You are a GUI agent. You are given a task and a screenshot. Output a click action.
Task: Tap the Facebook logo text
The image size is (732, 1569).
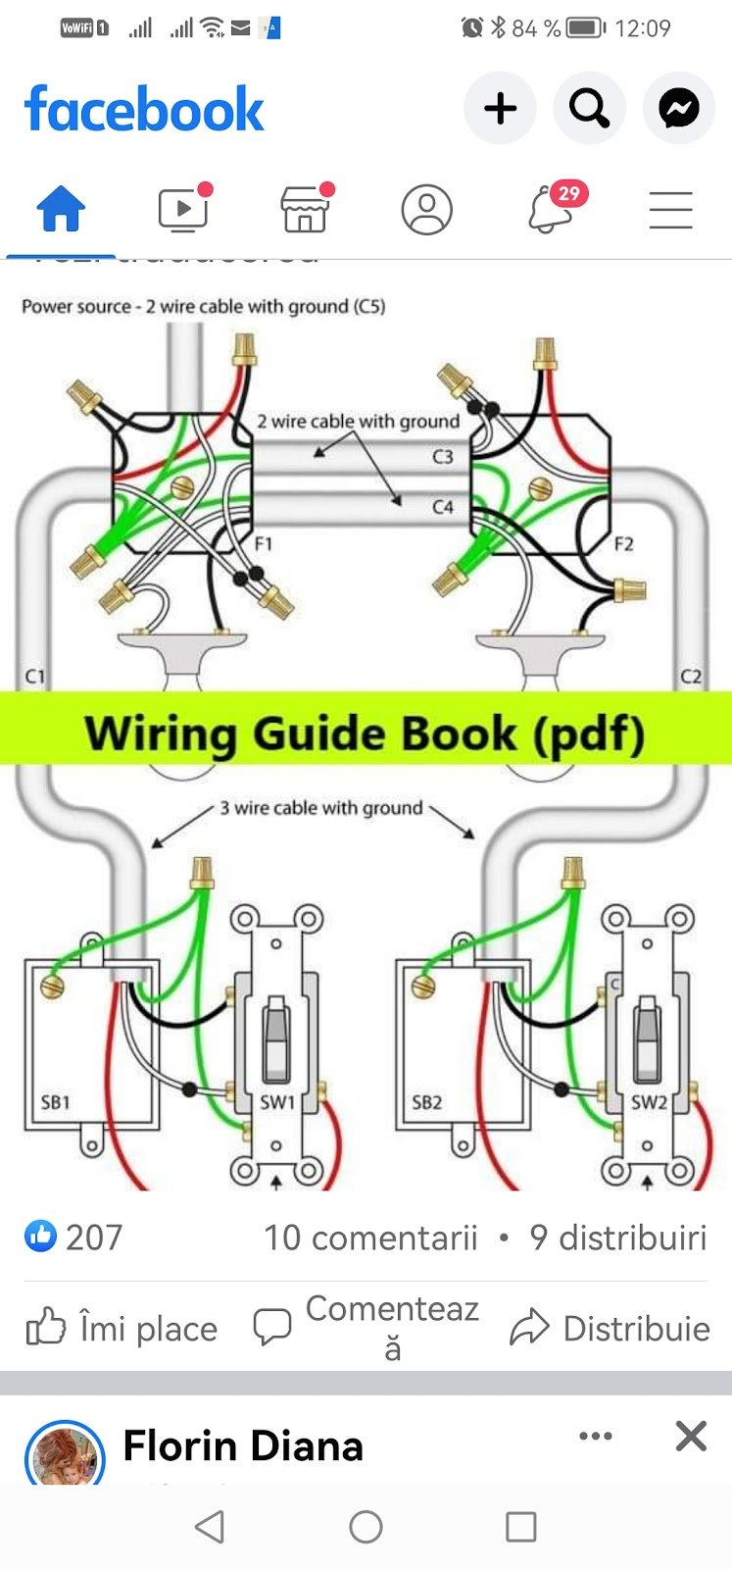[144, 109]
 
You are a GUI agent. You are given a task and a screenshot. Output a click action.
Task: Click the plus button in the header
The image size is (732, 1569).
[500, 108]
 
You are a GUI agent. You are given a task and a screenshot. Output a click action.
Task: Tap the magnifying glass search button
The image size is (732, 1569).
[589, 108]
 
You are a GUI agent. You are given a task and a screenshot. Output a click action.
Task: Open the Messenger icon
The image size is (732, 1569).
[678, 108]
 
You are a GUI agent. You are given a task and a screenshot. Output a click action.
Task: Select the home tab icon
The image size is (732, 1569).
[61, 209]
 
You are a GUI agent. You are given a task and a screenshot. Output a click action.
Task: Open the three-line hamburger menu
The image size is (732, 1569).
[671, 210]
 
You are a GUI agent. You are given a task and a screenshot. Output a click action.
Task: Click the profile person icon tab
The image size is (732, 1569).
[427, 209]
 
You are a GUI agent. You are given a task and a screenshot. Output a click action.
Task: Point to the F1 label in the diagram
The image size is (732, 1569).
[263, 544]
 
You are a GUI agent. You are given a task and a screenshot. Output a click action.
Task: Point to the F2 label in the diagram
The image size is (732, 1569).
[623, 544]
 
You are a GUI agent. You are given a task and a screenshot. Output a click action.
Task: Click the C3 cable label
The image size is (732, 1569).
[443, 457]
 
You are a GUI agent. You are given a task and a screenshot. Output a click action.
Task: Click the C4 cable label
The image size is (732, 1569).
[443, 507]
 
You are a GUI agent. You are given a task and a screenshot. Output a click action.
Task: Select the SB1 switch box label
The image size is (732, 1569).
[56, 1102]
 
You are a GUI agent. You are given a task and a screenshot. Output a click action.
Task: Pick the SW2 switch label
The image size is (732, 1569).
[648, 1102]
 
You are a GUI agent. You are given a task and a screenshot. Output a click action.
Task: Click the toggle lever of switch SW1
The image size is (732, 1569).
[275, 1035]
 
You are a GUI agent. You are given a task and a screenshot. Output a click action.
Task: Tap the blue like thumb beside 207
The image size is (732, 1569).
[41, 1237]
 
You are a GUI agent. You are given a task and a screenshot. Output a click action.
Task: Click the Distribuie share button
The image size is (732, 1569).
[610, 1328]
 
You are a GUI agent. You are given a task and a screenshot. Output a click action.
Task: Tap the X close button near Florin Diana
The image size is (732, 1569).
[691, 1437]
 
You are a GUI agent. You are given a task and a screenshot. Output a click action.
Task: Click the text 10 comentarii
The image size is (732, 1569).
[369, 1238]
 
